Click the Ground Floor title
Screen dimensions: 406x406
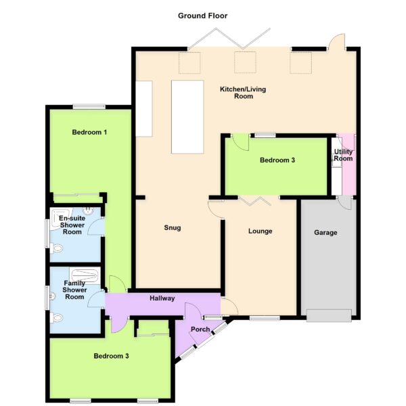coord(202,16)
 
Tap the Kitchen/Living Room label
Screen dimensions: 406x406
coord(243,93)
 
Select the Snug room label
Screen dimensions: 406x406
coord(173,228)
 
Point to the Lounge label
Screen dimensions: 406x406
coord(261,231)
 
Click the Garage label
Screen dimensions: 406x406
coord(325,233)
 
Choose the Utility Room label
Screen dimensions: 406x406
coord(343,155)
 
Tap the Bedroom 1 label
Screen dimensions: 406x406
coord(89,133)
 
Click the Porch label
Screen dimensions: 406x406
coord(200,330)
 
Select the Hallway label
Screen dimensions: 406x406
coord(162,298)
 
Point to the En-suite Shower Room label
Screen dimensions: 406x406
coord(72,225)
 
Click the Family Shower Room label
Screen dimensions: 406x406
coord(74,290)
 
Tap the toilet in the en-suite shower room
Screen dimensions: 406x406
coord(57,248)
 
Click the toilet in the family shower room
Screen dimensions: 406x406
coord(57,318)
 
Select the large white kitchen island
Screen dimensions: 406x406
coord(187,117)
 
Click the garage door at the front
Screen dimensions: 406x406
coord(329,315)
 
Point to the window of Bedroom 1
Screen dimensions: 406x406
coord(89,106)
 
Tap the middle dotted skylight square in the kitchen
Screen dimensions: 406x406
coord(245,62)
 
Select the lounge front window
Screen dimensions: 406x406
coord(265,318)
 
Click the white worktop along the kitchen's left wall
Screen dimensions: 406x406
coord(143,109)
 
